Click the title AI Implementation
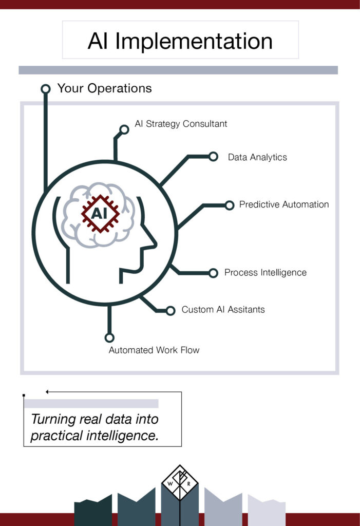[180, 41]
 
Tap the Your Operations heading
[104, 88]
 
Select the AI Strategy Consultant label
[181, 124]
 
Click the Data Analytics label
[257, 157]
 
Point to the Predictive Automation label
[284, 204]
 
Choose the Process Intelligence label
[265, 273]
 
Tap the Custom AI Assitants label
[223, 310]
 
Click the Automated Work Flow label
[154, 350]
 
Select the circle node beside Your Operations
[46, 89]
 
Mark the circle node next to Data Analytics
[213, 157]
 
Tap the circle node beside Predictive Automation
[230, 205]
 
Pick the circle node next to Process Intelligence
[213, 273]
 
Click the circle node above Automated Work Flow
[109, 337]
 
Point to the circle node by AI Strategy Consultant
[124, 129]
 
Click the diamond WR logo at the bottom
[180, 483]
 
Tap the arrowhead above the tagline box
[47, 392]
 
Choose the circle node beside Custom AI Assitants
[170, 310]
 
